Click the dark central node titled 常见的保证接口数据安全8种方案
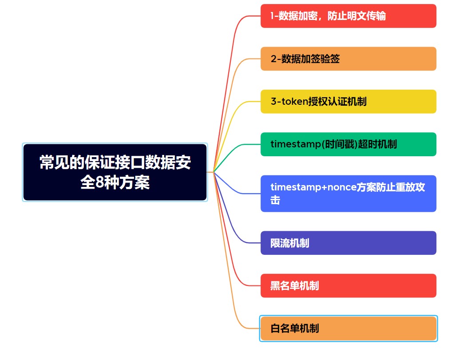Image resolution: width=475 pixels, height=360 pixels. [115, 172]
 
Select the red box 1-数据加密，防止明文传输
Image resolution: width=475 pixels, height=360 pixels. [348, 16]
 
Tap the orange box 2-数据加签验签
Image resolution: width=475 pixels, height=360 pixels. [348, 59]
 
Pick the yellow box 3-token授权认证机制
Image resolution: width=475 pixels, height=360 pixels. [348, 101]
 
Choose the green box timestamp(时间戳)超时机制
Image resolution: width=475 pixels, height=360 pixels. [348, 144]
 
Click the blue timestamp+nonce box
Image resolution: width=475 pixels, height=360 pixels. [348, 194]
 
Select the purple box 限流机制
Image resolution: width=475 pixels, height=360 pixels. [348, 243]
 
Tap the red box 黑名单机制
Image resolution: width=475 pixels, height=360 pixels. [348, 285]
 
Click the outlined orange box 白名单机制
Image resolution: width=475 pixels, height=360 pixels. [348, 328]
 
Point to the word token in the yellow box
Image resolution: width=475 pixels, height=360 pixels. [295, 102]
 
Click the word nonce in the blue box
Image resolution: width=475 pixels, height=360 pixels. [342, 187]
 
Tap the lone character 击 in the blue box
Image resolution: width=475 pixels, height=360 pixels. [275, 200]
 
